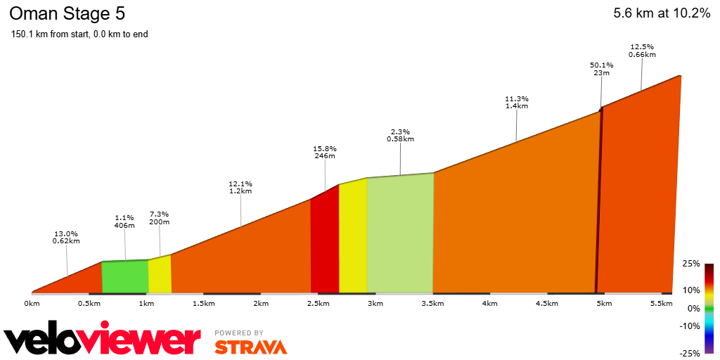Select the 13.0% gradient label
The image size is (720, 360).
[66, 234]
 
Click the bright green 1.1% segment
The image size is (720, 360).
[125, 276]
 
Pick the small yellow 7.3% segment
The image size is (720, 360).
[160, 275]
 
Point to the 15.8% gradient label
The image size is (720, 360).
[325, 149]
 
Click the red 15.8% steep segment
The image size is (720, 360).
[325, 243]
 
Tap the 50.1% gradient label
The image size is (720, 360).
[601, 65]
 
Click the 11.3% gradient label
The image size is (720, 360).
[516, 99]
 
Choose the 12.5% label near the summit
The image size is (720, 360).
[642, 47]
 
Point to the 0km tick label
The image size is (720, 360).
[32, 304]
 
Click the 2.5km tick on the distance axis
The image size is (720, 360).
[318, 304]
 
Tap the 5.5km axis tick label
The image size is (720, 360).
[662, 304]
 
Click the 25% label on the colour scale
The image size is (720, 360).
[690, 264]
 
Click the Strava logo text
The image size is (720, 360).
[250, 347]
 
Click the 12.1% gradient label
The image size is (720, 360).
[240, 184]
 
